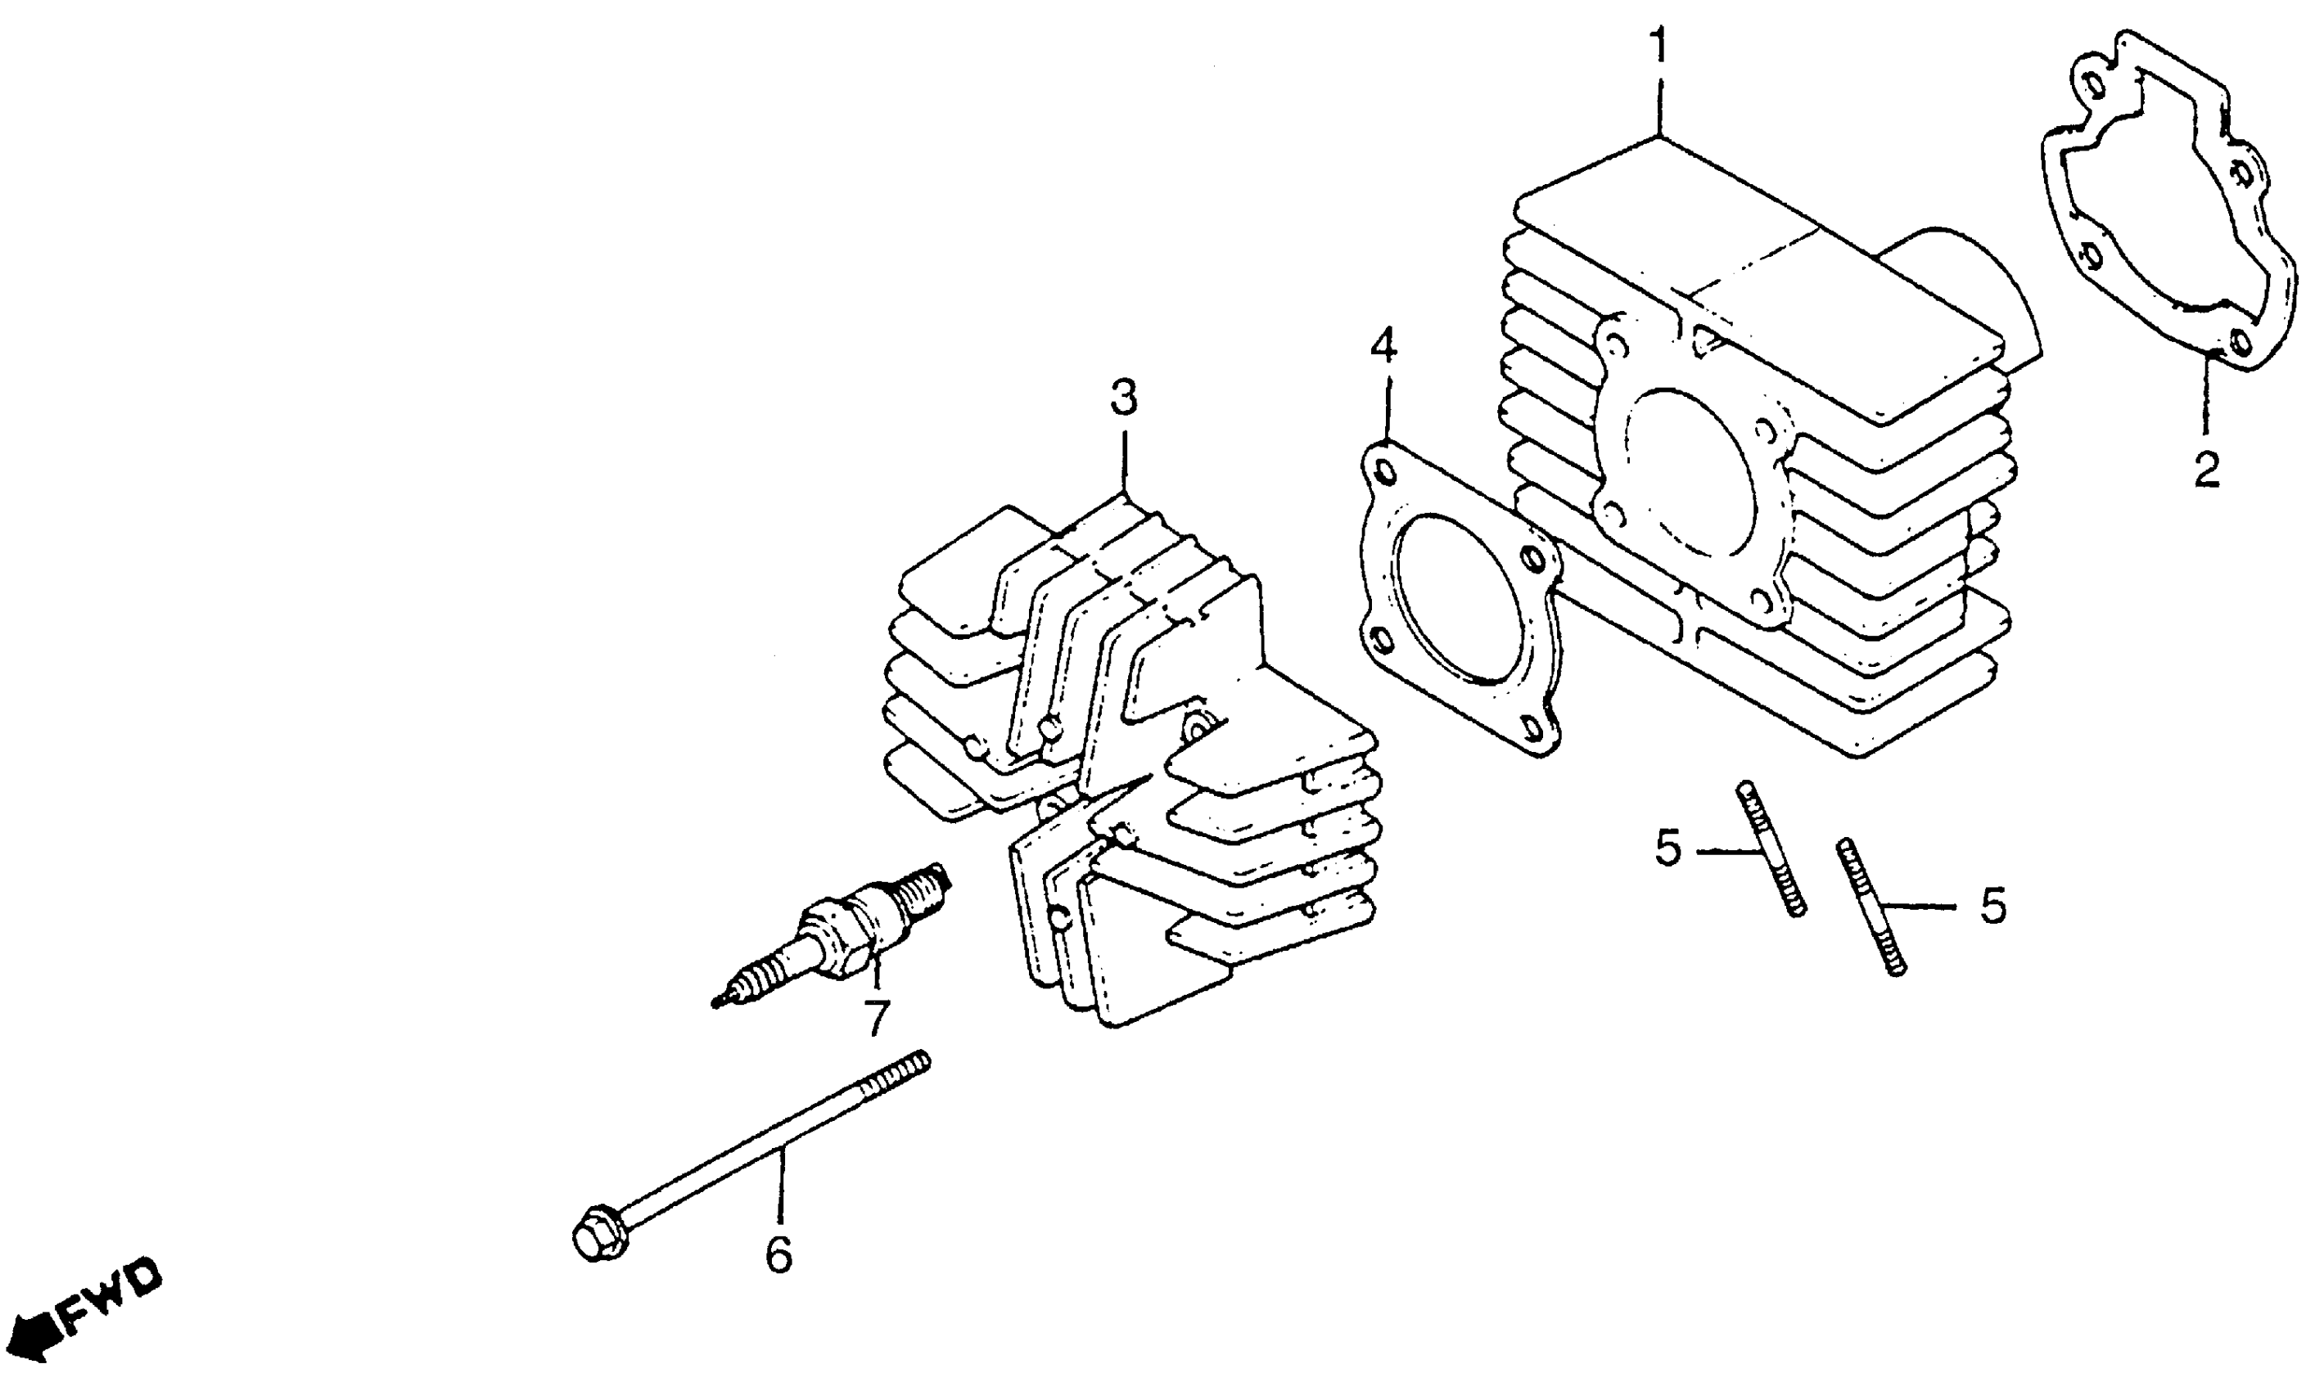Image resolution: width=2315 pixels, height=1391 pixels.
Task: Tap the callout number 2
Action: pos(2206,469)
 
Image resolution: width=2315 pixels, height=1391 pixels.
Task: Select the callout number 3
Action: pos(1123,398)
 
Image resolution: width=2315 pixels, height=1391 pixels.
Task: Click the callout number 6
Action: pos(778,1254)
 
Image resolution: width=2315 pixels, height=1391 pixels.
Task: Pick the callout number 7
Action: pos(875,1018)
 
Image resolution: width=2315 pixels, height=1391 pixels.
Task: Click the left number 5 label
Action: pos(1669,849)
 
